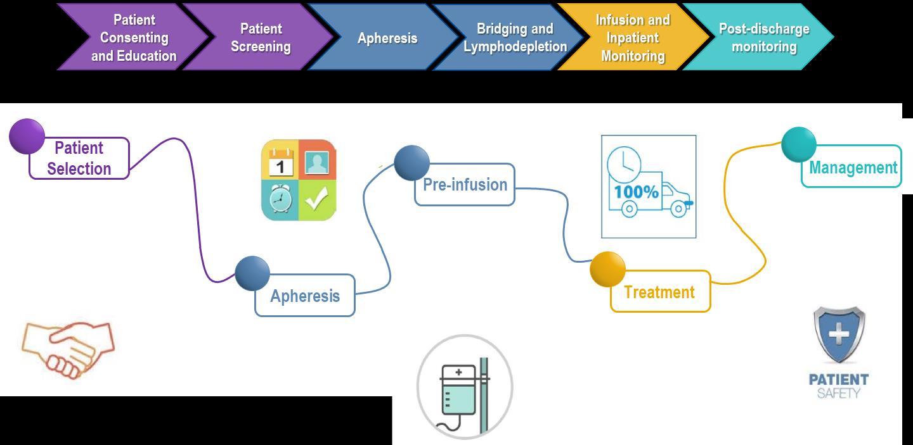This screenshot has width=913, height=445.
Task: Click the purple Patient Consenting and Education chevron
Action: click(x=133, y=37)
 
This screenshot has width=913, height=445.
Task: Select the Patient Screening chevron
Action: click(x=260, y=37)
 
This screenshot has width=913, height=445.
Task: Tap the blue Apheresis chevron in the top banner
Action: click(x=387, y=37)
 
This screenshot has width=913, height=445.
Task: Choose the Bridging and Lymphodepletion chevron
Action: click(x=514, y=37)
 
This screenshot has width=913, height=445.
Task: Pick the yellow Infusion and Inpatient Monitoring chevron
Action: click(x=632, y=37)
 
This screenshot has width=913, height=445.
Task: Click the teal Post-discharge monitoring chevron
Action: click(x=763, y=37)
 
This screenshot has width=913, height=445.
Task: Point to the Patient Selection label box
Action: click(x=79, y=158)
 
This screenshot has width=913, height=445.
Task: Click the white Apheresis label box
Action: click(x=305, y=296)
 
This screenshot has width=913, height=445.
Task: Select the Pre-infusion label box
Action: click(x=465, y=185)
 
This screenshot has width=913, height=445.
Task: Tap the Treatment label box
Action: click(x=659, y=292)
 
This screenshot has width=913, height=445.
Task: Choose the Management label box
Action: click(x=852, y=167)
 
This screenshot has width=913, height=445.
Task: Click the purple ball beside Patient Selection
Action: click(x=27, y=136)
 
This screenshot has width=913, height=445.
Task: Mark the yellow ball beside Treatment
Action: click(x=607, y=269)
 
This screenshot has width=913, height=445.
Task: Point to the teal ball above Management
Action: click(x=798, y=144)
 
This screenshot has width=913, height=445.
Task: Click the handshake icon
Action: click(x=68, y=349)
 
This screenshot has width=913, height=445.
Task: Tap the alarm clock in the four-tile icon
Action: click(x=280, y=200)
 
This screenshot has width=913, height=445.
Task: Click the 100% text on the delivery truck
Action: click(x=636, y=191)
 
